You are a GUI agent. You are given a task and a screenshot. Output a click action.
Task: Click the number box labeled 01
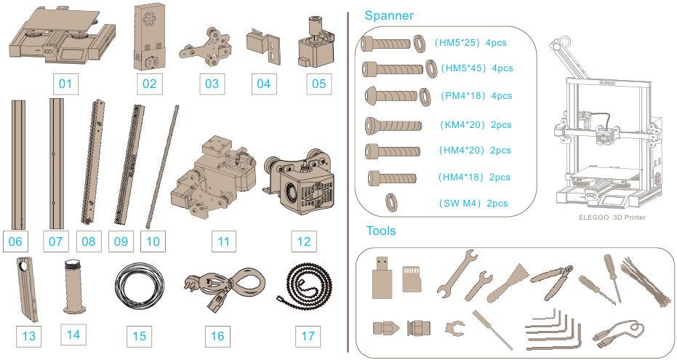point(65,84)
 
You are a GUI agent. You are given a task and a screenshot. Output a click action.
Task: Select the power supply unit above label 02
point(149,36)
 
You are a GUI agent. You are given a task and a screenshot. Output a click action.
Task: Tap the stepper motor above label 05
point(316,42)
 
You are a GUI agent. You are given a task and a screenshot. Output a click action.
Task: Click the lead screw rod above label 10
point(162,167)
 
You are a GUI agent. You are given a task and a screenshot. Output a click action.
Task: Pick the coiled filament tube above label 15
point(140,287)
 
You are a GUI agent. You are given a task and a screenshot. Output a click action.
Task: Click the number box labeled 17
point(308,336)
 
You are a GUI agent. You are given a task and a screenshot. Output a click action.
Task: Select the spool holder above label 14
point(74,287)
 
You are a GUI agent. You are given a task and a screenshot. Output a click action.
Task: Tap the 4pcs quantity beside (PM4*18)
point(502,96)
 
